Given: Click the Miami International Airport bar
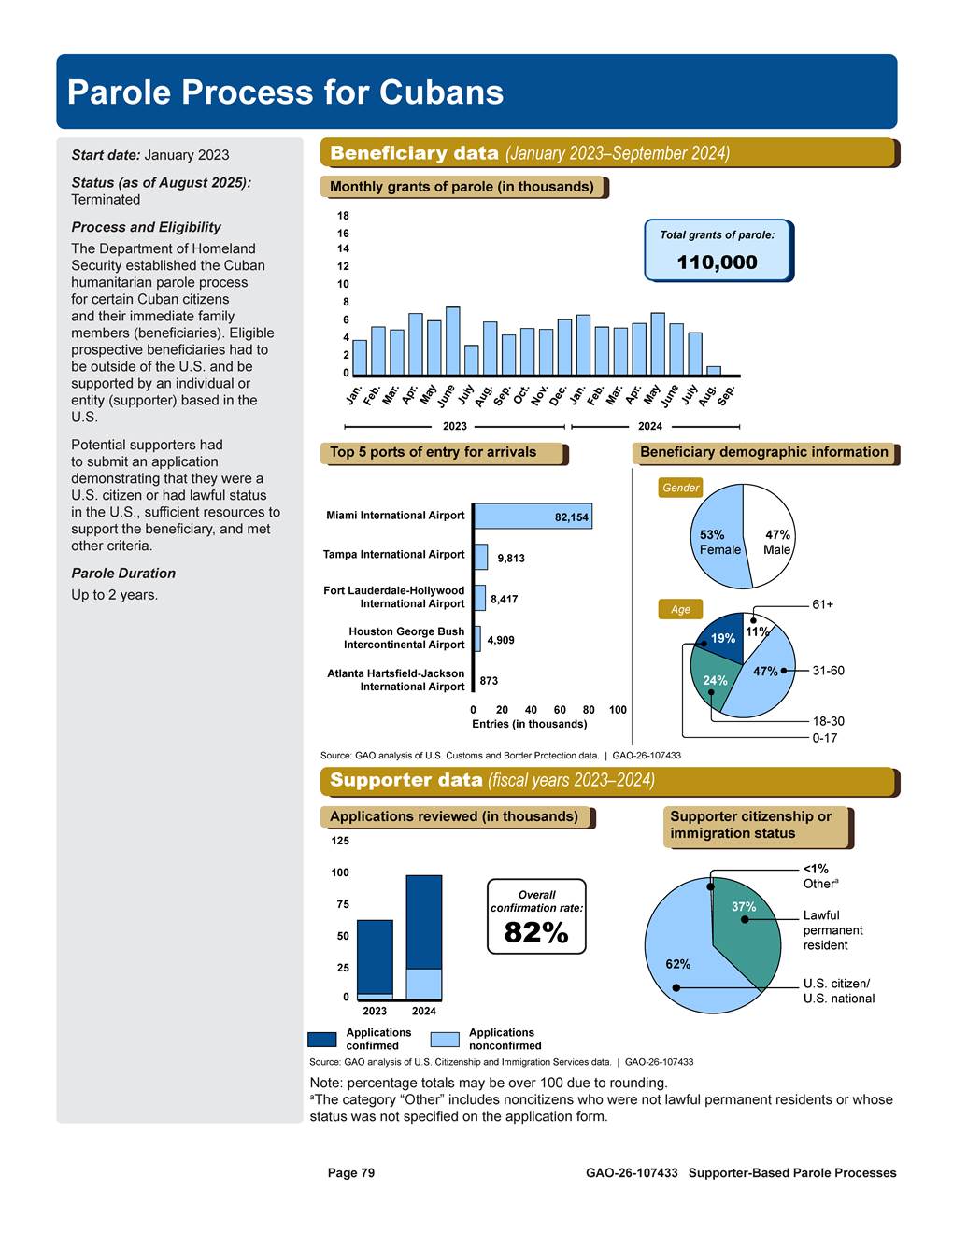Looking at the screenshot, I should (533, 517).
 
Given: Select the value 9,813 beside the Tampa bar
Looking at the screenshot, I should (511, 559).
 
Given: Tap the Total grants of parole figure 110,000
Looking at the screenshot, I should (717, 262).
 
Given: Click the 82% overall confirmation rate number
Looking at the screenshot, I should (536, 932).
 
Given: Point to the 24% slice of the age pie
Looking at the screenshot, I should (714, 680).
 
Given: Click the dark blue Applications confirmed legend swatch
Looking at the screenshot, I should (322, 1040).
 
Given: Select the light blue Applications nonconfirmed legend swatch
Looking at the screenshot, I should (445, 1040).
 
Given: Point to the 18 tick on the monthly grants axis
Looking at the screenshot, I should (343, 216).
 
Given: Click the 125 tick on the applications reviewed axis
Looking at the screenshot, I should (340, 841).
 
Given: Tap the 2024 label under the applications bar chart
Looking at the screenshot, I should (424, 1011).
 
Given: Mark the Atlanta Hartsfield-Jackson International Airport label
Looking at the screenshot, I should (396, 680).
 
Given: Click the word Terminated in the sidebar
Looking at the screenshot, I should (106, 200).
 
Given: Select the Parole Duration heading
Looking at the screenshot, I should (123, 574).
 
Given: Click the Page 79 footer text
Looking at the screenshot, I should (351, 1173).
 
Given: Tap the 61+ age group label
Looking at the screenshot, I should (822, 605).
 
